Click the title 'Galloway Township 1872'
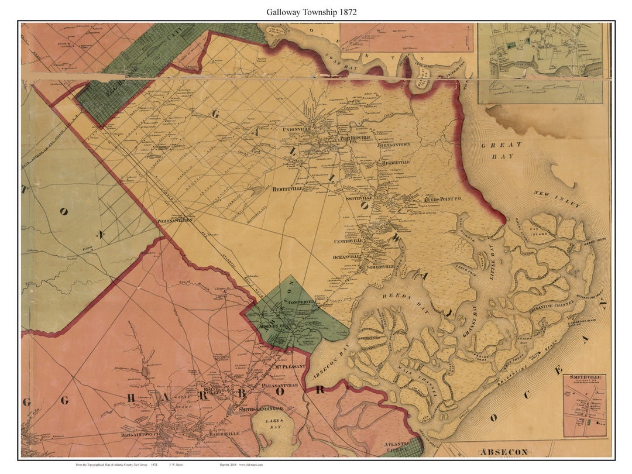tap(311, 12)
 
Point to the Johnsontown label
tap(395, 144)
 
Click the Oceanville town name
tap(348, 256)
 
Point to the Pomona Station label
tap(175, 221)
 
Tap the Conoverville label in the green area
tap(302, 301)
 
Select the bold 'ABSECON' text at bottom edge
tap(504, 452)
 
